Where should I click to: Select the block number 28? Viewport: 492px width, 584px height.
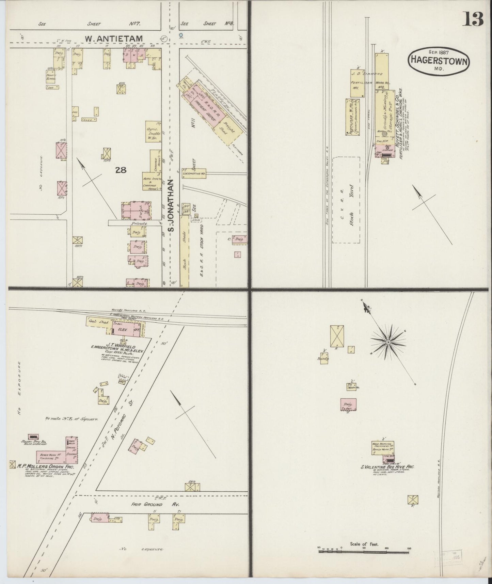coord(121,170)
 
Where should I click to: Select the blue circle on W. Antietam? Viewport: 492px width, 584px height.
coord(181,35)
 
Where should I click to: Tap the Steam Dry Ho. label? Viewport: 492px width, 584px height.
coord(33,442)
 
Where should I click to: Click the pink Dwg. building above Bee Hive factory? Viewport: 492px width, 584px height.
coord(349,404)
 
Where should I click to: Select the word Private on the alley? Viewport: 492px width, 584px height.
coord(136,224)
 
